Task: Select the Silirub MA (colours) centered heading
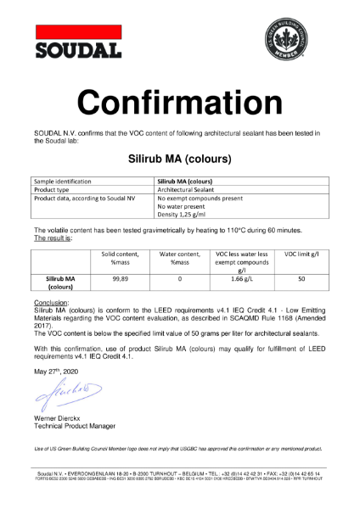click(x=180, y=158)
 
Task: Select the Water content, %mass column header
click(x=180, y=258)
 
